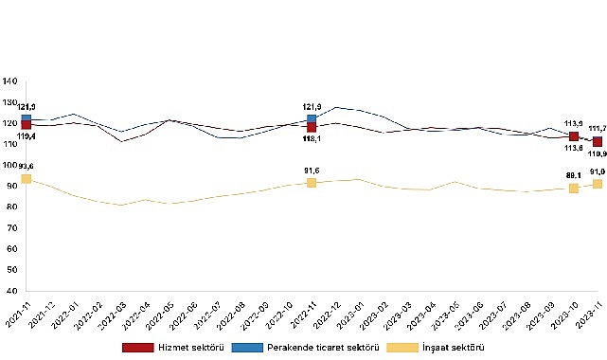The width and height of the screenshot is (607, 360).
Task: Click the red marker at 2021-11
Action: [26, 124]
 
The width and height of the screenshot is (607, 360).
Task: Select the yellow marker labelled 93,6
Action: [26, 178]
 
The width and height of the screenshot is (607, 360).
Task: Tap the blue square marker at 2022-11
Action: [312, 118]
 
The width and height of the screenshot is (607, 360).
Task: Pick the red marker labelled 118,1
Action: [312, 126]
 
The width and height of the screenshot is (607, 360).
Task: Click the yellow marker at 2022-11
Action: [312, 182]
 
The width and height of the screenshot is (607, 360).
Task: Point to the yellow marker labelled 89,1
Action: [574, 189]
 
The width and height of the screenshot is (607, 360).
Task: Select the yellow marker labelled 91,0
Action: [598, 183]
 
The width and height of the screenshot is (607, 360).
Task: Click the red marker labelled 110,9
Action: [598, 141]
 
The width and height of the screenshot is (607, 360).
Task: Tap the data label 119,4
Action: [27, 137]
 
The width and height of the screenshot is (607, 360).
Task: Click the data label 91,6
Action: [312, 171]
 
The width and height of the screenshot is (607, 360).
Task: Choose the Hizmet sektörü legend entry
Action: [158, 348]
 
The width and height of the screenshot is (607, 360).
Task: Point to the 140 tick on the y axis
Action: [9, 81]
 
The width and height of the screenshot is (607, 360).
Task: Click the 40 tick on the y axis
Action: [11, 291]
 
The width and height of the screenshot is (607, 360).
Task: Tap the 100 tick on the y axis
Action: [9, 165]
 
